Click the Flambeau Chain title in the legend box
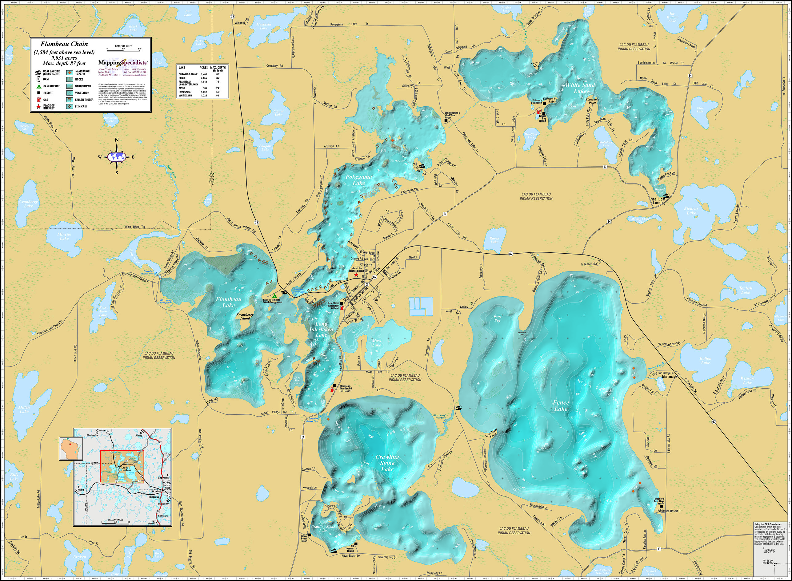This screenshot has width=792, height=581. [64, 44]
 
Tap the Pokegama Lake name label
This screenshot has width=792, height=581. [358, 180]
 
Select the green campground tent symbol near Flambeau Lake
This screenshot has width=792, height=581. [274, 296]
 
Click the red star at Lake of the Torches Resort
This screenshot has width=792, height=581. [356, 275]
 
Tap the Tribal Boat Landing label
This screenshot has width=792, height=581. [657, 201]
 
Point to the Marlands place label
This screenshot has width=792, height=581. [668, 376]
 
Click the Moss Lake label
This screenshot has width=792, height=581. [376, 343]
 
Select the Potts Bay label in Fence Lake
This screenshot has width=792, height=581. [497, 319]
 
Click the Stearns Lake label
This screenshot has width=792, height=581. [691, 211]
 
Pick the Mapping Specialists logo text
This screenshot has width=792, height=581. [123, 63]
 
